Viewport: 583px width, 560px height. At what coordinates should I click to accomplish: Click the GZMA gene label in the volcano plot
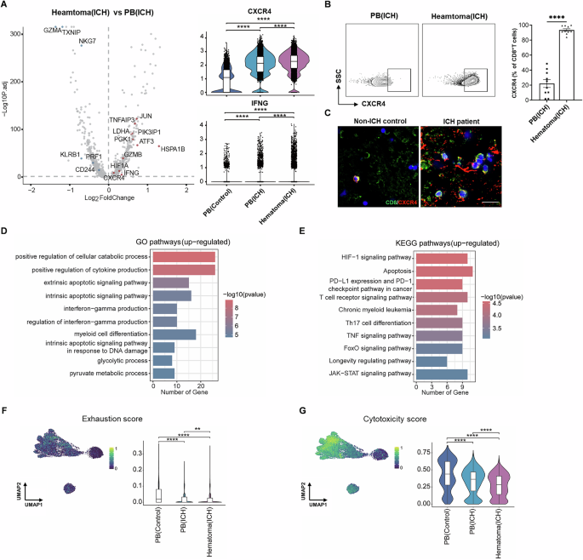52,31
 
